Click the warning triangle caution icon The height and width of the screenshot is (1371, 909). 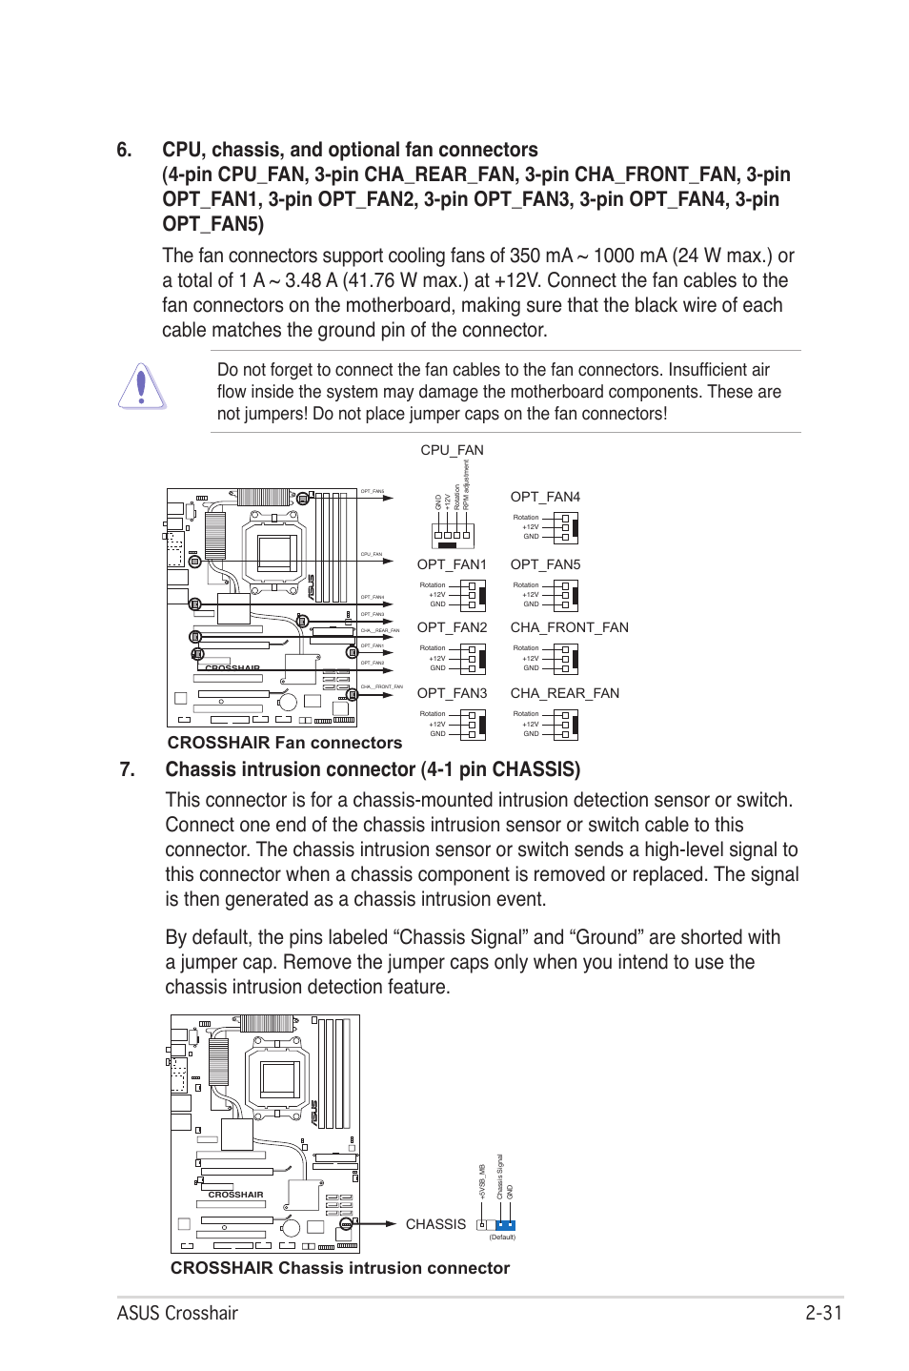point(142,387)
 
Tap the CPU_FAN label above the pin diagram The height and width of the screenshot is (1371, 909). point(452,450)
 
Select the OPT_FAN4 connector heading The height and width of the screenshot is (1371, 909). point(545,497)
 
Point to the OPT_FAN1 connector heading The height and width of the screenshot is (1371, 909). point(452,564)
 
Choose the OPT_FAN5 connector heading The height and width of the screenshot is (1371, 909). point(545,564)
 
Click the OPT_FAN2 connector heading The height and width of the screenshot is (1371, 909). point(452,627)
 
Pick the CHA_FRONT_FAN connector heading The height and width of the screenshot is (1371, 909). point(569,627)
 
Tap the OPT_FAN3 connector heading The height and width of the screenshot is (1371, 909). point(452,693)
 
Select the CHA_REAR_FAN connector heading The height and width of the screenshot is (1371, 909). point(564,693)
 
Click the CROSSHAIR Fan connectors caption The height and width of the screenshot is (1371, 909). point(284,743)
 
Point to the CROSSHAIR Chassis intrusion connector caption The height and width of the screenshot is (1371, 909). point(340,1268)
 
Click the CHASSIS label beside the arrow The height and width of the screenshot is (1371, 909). point(435,1224)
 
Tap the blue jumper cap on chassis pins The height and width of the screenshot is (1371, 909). point(505,1225)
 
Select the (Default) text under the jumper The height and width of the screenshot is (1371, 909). point(502,1238)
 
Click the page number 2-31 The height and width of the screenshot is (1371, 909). point(823,1313)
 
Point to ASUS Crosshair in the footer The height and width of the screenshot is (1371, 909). point(178,1313)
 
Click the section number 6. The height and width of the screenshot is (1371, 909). point(125,151)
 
